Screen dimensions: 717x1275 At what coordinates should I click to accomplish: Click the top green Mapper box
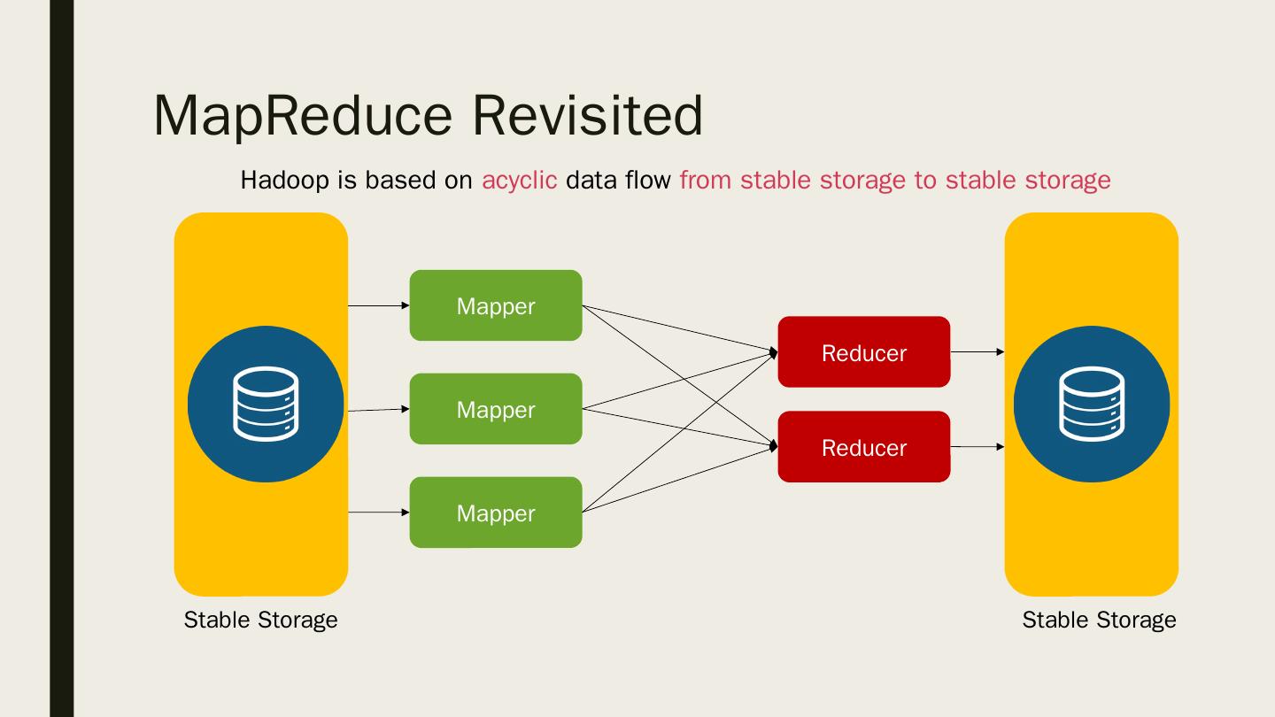click(x=496, y=305)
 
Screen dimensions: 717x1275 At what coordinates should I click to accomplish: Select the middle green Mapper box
click(x=496, y=409)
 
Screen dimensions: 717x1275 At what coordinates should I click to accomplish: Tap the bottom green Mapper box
click(x=496, y=513)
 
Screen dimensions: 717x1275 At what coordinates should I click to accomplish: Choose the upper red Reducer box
click(x=863, y=352)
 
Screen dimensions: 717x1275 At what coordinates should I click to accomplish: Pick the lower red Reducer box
click(x=863, y=447)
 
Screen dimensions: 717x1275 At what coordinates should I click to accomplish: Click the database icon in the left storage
click(x=266, y=405)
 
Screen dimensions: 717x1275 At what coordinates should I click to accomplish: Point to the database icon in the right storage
click(x=1092, y=405)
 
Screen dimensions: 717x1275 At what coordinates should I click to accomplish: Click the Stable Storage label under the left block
click(x=260, y=620)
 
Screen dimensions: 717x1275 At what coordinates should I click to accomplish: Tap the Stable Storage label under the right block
click(x=1099, y=620)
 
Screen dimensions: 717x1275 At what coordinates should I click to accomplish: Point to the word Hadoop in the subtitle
click(x=284, y=181)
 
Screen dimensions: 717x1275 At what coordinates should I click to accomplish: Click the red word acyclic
click(x=519, y=181)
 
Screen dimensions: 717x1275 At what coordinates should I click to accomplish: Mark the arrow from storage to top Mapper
click(x=379, y=305)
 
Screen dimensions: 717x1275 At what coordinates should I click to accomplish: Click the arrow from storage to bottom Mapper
click(x=379, y=512)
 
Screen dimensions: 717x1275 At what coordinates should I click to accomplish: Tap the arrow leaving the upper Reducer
click(x=977, y=352)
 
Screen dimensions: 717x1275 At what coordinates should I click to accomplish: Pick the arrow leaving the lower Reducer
click(x=977, y=447)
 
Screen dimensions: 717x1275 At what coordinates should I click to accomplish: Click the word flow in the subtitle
click(x=649, y=180)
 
